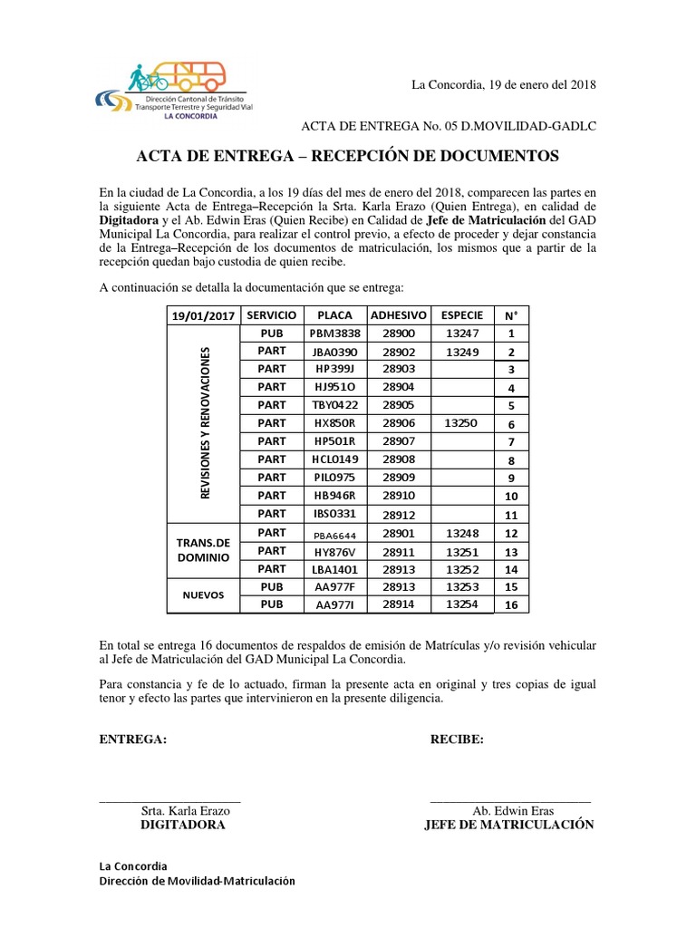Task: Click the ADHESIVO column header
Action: coord(398,314)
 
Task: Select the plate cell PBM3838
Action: coord(336,333)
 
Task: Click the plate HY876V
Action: coord(336,551)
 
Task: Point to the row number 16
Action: coord(511,605)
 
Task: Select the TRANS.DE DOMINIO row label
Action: coord(203,551)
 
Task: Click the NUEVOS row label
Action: coord(203,596)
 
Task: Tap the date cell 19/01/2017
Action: coord(203,314)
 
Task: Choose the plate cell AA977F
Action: coord(336,587)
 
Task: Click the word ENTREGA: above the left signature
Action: coord(132,739)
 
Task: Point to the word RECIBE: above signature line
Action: coord(457,739)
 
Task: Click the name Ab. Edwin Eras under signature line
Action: coord(513,811)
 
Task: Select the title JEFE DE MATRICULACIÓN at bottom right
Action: coord(509,826)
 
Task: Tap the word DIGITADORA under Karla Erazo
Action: coord(182,826)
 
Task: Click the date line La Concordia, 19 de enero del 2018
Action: coord(504,85)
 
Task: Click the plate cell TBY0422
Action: coord(336,405)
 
